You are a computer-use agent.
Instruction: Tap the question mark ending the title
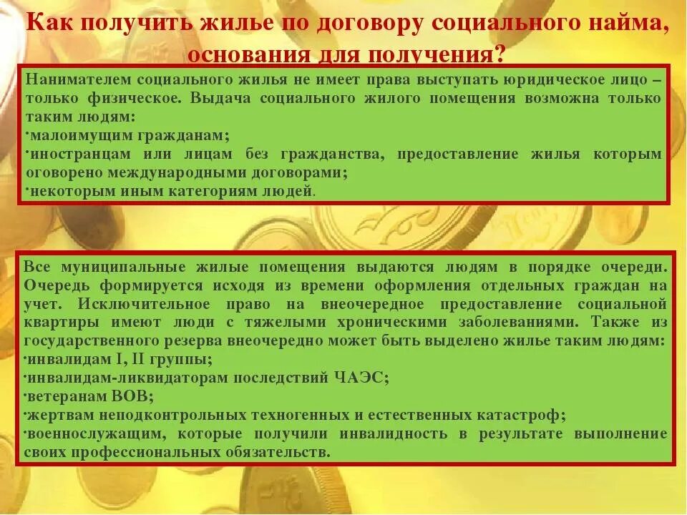pos(499,54)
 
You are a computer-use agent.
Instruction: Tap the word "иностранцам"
pos(76,154)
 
